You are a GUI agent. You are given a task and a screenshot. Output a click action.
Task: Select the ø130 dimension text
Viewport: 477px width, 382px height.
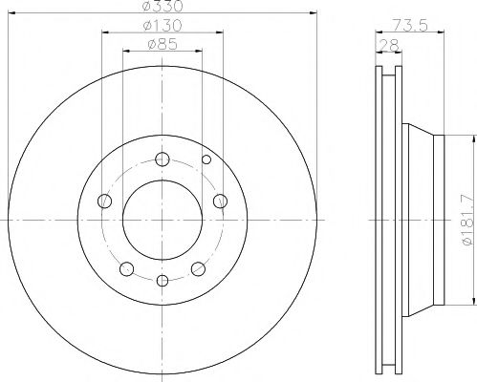(x=163, y=26)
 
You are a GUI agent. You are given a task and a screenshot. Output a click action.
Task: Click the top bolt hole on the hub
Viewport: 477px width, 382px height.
(x=163, y=159)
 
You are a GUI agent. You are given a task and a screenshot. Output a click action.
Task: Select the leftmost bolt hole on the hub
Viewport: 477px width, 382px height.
(x=104, y=201)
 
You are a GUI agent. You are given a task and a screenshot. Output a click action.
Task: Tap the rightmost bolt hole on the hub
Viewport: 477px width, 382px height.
(x=221, y=201)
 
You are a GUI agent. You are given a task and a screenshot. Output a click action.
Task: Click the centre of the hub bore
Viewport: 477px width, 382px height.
(x=163, y=220)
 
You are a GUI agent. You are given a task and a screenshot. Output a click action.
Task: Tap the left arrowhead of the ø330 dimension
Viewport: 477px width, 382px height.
(x=11, y=13)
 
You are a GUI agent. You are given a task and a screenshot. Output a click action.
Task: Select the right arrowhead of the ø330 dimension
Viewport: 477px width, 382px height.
(x=314, y=13)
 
